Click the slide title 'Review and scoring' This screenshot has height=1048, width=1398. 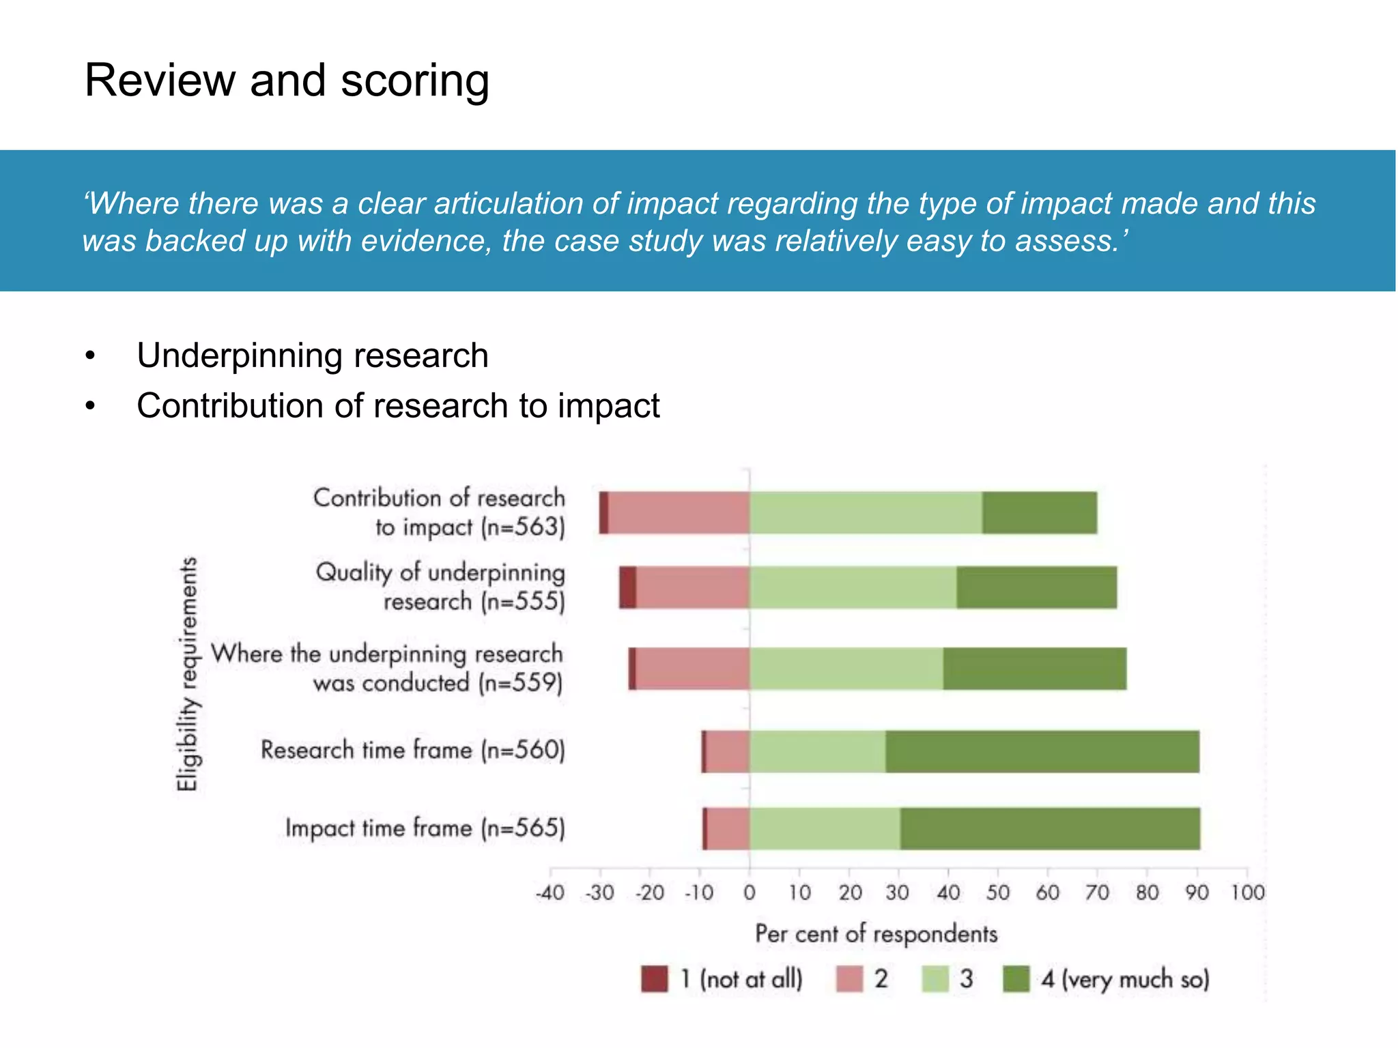pyautogui.click(x=287, y=81)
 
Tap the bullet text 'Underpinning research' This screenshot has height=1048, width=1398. pyautogui.click(x=313, y=355)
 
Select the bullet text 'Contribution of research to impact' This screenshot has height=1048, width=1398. pyautogui.click(x=398, y=406)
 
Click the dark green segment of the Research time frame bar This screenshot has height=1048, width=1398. pyautogui.click(x=1042, y=751)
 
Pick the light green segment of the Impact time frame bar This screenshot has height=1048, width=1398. pyautogui.click(x=825, y=828)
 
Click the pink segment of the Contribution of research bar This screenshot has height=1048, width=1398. pyautogui.click(x=679, y=512)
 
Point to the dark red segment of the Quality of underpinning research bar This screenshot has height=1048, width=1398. pyautogui.click(x=628, y=587)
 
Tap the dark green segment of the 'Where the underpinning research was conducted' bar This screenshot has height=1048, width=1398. pyautogui.click(x=1035, y=669)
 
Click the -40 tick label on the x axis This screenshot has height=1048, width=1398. pyautogui.click(x=550, y=892)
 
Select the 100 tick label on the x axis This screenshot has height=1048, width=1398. pyautogui.click(x=1247, y=892)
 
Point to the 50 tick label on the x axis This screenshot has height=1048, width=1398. pyautogui.click(x=997, y=892)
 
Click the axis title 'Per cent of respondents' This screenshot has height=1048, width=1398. pyautogui.click(x=876, y=933)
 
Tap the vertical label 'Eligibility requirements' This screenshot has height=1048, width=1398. pyautogui.click(x=187, y=674)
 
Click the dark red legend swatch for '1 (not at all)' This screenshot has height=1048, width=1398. pyautogui.click(x=655, y=979)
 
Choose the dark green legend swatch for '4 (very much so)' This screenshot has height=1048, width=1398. pyautogui.click(x=1016, y=979)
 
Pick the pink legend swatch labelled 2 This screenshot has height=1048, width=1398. pyautogui.click(x=849, y=979)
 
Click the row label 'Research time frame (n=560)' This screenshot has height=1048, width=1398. pyautogui.click(x=413, y=750)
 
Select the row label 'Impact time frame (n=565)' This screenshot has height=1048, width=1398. pyautogui.click(x=425, y=828)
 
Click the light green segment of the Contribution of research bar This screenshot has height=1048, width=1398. pyautogui.click(x=866, y=512)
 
